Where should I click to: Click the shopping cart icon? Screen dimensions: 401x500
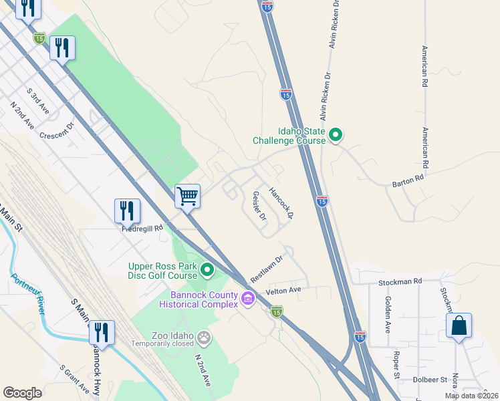188,196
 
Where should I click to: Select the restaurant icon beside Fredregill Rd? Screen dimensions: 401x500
127,211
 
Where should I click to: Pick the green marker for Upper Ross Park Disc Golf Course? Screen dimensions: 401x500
207,270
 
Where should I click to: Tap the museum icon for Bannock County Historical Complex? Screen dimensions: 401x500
249,297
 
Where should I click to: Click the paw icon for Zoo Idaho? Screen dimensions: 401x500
204,339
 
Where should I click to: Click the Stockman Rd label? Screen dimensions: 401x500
400,282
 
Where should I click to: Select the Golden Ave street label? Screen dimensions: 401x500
388,314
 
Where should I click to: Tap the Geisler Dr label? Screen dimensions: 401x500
259,207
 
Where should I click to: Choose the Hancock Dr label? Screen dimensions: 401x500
281,203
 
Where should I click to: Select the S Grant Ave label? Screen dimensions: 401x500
74,380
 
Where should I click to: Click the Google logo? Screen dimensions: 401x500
23,393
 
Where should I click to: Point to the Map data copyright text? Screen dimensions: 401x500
471,396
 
